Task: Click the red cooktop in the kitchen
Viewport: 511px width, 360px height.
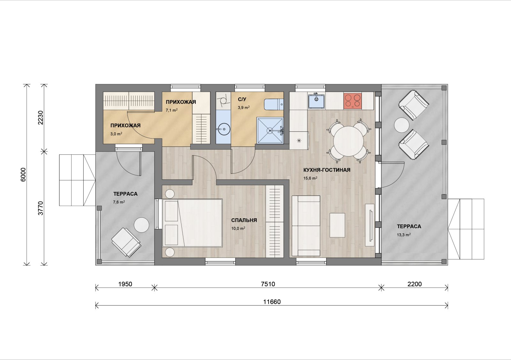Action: [x=353, y=101]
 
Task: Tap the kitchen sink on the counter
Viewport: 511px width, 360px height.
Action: [x=316, y=101]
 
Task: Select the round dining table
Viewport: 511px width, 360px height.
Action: [x=348, y=141]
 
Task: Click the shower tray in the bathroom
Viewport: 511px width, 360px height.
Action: [x=270, y=131]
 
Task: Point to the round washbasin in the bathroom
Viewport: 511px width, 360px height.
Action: [x=223, y=130]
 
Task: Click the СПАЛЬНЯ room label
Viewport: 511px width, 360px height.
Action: [x=244, y=220]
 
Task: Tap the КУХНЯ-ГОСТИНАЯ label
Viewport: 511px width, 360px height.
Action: [x=327, y=170]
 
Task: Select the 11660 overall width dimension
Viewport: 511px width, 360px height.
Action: [x=272, y=302]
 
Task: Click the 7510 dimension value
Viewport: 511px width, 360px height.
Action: [x=268, y=284]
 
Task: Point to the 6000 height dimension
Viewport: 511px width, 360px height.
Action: [x=24, y=175]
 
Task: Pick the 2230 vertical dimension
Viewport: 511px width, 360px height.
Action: [x=40, y=118]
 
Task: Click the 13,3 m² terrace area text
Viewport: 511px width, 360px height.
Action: [x=404, y=235]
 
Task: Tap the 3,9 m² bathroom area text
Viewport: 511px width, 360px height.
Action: [x=244, y=107]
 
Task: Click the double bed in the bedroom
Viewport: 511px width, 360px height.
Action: [x=192, y=223]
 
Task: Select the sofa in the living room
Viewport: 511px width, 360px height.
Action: [x=306, y=226]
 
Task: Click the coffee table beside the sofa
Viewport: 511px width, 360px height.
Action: [x=337, y=225]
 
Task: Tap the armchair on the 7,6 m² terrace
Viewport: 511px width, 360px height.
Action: [x=126, y=243]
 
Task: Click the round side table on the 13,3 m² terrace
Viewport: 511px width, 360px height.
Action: [x=402, y=125]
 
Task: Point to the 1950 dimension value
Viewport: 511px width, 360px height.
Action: [x=125, y=284]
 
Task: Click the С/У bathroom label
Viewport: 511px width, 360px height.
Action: [x=242, y=99]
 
